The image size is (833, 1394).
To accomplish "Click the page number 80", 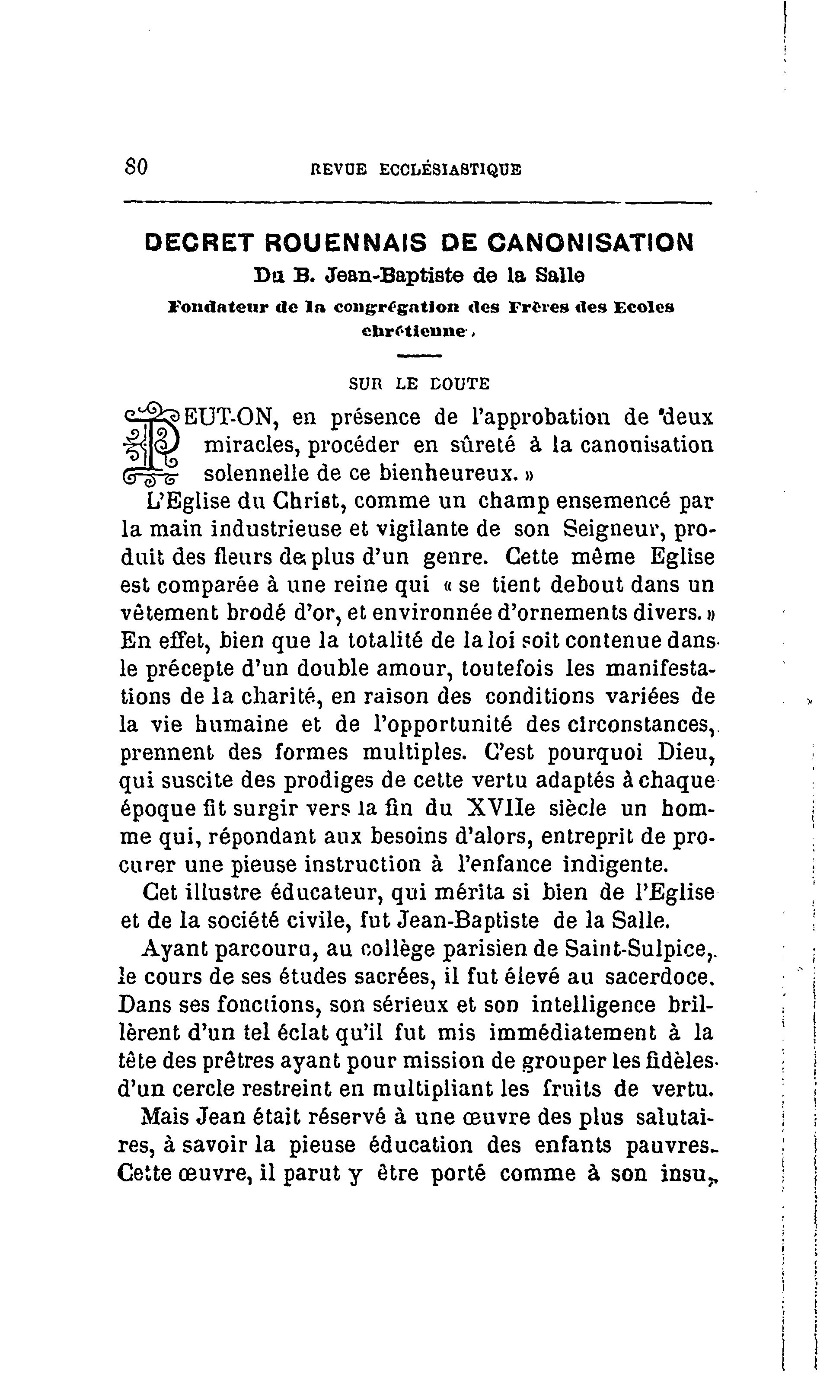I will point(135,167).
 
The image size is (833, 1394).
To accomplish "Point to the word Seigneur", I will point(613,529).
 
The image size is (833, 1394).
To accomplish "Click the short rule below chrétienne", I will point(419,355).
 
